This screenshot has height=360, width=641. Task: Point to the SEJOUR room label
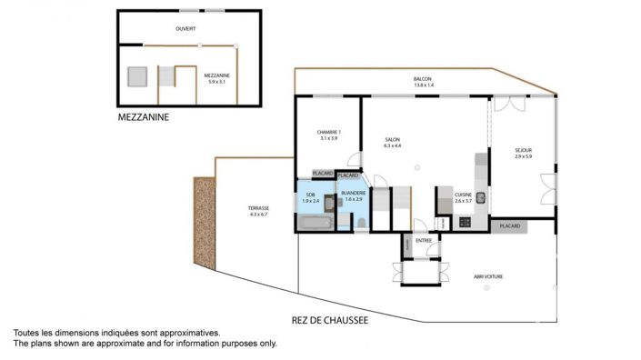[x=523, y=153]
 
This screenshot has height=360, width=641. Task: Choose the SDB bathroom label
[x=310, y=196]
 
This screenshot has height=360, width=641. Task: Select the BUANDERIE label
[x=354, y=195]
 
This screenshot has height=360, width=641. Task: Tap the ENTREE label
[x=424, y=241]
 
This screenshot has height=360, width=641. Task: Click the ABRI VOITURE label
[x=488, y=276]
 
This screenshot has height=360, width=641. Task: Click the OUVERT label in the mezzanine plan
[x=186, y=29]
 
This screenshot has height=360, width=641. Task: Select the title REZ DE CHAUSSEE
[x=330, y=320]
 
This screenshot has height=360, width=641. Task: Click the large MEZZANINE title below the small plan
[x=144, y=117]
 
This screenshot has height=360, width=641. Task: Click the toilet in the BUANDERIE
[x=361, y=223]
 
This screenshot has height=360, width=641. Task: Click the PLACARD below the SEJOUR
[x=509, y=225]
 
